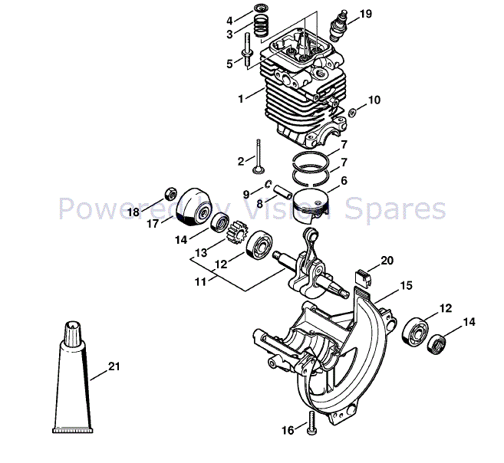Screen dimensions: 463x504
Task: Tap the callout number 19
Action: tap(365, 14)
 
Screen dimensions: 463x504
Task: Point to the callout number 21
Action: tap(114, 366)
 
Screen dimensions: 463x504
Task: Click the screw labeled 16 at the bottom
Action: tap(311, 422)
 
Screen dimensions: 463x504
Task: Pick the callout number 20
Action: tap(387, 261)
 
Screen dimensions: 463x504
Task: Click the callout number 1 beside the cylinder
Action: tap(241, 98)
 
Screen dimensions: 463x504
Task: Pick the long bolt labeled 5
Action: tap(249, 47)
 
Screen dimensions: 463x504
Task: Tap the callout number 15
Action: tap(406, 286)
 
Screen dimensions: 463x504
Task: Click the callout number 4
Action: tap(230, 19)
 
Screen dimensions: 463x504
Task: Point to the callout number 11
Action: tap(199, 281)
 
